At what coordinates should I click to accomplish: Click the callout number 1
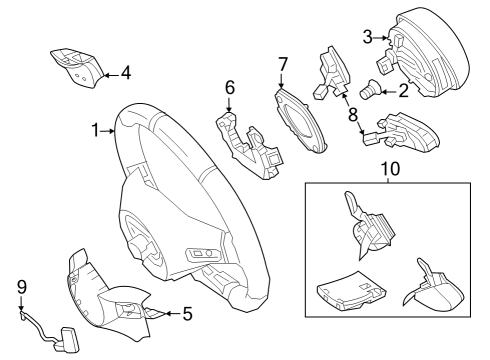pyautogui.click(x=96, y=130)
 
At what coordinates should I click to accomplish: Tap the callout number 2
pyautogui.click(x=404, y=91)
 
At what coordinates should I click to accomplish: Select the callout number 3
pyautogui.click(x=367, y=37)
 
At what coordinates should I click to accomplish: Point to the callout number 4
pyautogui.click(x=126, y=73)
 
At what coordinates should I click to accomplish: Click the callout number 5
pyautogui.click(x=188, y=314)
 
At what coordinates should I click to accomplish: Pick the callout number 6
pyautogui.click(x=230, y=87)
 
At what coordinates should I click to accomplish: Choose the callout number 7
pyautogui.click(x=283, y=64)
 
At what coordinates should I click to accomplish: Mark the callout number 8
pyautogui.click(x=353, y=115)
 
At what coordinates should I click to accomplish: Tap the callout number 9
pyautogui.click(x=22, y=287)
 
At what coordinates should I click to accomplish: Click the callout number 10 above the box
pyautogui.click(x=390, y=169)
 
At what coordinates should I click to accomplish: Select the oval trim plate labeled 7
pyautogui.click(x=301, y=121)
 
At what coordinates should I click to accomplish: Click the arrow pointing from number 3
pyautogui.click(x=380, y=38)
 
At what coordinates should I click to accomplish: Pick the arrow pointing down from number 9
pyautogui.click(x=21, y=303)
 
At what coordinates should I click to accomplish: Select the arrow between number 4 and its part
pyautogui.click(x=112, y=75)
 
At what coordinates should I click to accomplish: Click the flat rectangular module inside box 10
pyautogui.click(x=351, y=290)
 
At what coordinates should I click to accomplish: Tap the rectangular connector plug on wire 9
pyautogui.click(x=70, y=339)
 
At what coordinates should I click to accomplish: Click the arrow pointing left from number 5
pyautogui.click(x=173, y=314)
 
